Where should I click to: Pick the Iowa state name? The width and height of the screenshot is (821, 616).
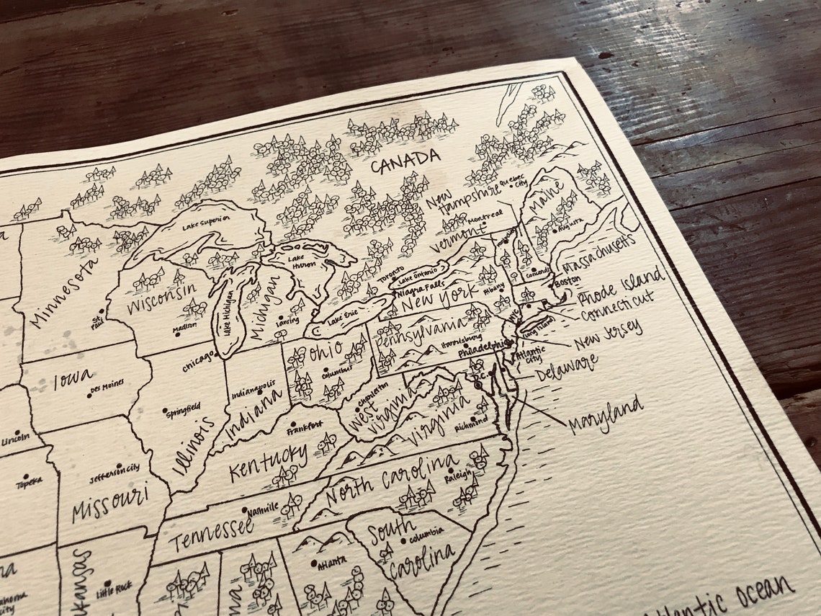[x=73, y=378]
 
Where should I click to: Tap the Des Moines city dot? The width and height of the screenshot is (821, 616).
[x=89, y=394]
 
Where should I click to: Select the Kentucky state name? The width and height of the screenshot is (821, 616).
[x=267, y=462]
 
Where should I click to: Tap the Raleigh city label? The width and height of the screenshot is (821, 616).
[x=459, y=476]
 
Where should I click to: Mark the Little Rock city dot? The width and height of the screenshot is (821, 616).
[x=107, y=584]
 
